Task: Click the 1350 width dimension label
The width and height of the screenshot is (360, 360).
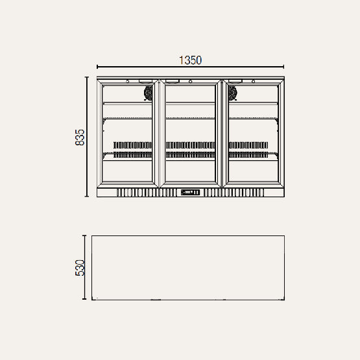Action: click(x=191, y=60)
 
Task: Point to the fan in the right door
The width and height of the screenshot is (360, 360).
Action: click(x=232, y=93)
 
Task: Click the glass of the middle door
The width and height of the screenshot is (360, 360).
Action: click(x=191, y=130)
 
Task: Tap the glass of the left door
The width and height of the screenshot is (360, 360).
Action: click(x=128, y=130)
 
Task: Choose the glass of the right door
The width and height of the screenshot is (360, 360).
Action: click(x=254, y=130)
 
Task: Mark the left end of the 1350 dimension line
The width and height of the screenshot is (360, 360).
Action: click(x=97, y=66)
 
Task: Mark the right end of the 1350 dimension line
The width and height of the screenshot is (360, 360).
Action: click(x=284, y=66)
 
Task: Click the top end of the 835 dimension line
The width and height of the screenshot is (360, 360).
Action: click(x=87, y=77)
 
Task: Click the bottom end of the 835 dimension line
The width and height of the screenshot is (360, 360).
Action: click(x=87, y=197)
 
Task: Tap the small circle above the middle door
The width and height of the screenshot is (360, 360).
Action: click(x=191, y=81)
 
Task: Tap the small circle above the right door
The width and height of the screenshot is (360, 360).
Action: click(x=252, y=81)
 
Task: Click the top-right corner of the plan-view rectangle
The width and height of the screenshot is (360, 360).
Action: click(x=285, y=235)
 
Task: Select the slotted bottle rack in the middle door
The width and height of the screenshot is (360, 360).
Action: click(x=191, y=150)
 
